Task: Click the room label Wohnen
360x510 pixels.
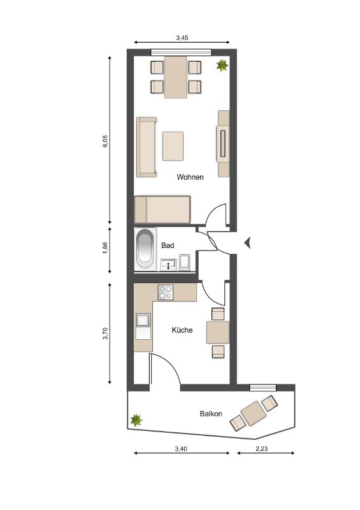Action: tap(190, 177)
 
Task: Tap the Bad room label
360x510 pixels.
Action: tap(168, 245)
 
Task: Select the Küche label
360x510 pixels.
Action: tap(182, 330)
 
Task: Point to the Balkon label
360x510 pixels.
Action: tap(211, 414)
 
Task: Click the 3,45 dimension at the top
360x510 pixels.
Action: tap(182, 38)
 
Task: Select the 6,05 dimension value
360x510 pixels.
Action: tap(104, 141)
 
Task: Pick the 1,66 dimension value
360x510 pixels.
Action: tap(104, 248)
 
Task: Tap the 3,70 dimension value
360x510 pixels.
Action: tap(104, 333)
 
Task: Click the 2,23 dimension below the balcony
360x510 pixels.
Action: tap(261, 449)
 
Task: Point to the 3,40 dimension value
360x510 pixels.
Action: tap(181, 449)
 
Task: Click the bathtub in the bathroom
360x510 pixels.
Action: tap(145, 249)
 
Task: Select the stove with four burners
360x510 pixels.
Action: tap(166, 292)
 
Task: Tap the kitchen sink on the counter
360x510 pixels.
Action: tap(143, 320)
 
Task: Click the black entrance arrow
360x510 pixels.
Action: tap(247, 243)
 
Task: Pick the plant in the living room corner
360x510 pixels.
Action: tap(222, 65)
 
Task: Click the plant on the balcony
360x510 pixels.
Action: tap(136, 420)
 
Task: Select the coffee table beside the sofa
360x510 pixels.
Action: tap(173, 146)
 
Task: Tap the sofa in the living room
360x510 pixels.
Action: tap(147, 147)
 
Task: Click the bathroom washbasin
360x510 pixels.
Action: tap(168, 265)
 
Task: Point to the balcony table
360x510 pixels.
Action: tap(254, 413)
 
